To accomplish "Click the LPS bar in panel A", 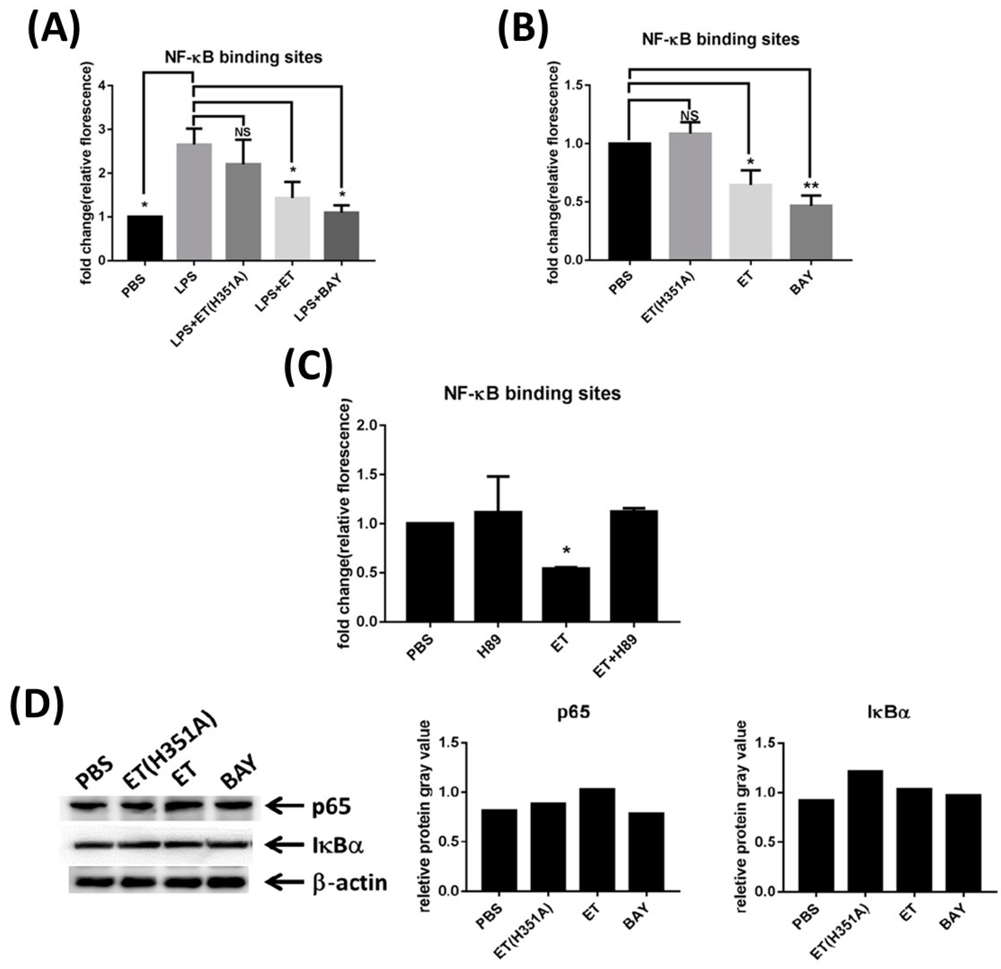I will [x=194, y=202].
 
